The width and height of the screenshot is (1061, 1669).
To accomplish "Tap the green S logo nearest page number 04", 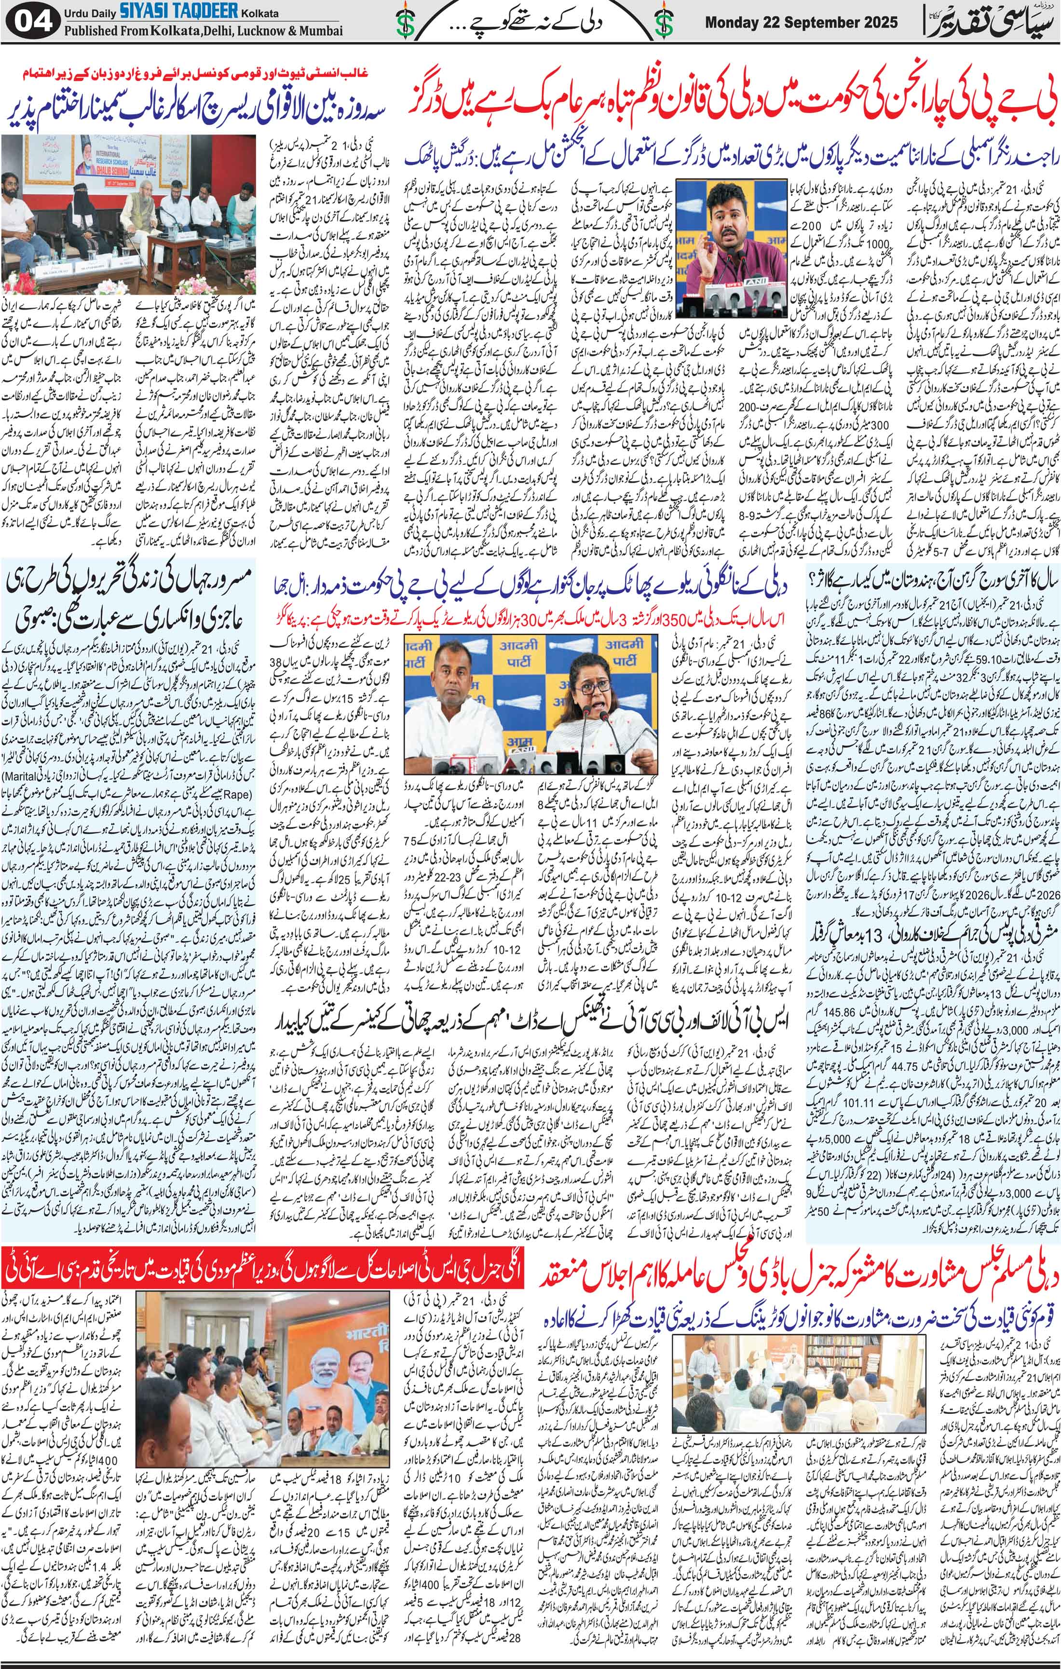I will pyautogui.click(x=401, y=23).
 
